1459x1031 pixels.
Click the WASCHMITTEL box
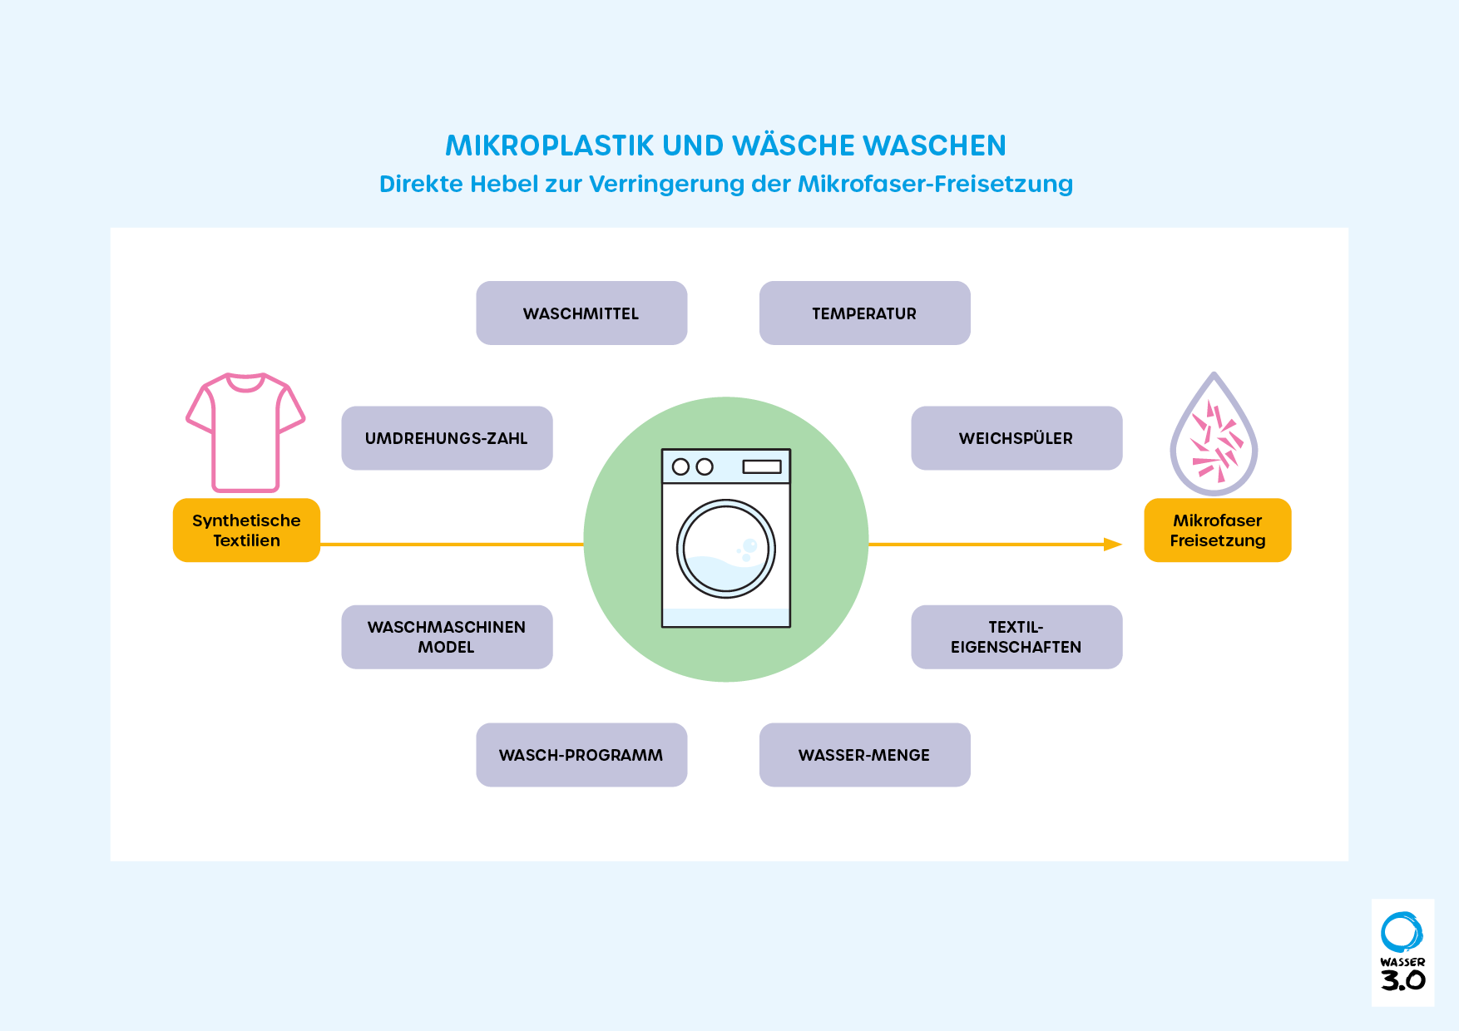[581, 313]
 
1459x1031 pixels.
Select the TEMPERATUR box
[864, 313]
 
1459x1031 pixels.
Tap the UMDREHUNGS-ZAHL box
[447, 438]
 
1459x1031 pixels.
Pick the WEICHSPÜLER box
[1016, 438]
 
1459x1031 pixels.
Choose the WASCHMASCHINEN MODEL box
[447, 637]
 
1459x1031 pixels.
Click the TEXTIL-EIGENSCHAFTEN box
[1016, 637]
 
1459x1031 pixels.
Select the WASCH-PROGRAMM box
[581, 755]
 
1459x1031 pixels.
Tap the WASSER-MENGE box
[864, 755]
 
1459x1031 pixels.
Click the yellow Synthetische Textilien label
[246, 530]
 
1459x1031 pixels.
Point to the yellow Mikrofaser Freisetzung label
[1218, 530]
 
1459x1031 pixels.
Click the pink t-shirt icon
[245, 432]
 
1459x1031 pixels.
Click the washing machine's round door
[726, 549]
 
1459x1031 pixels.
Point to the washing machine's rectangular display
[762, 466]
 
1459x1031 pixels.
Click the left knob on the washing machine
[680, 466]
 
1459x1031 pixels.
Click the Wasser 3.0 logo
[1402, 952]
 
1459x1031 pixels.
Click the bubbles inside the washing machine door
[747, 548]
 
